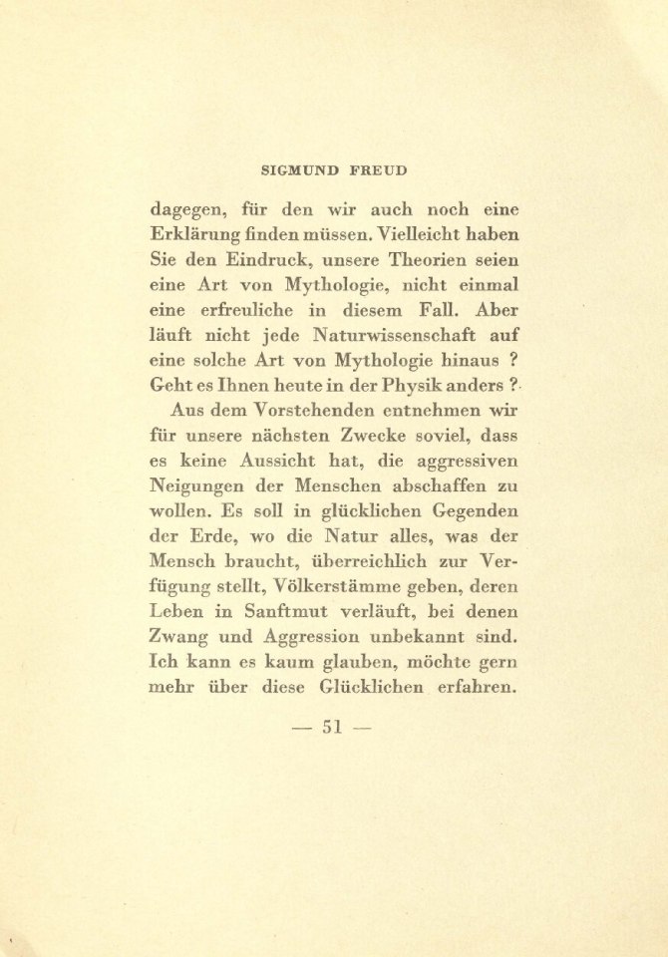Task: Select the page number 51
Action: pyautogui.click(x=331, y=727)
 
